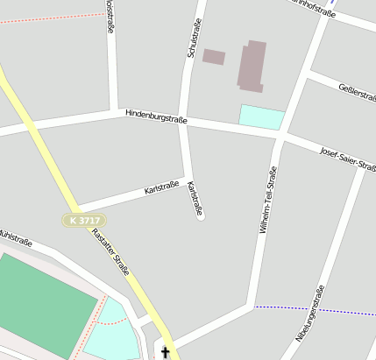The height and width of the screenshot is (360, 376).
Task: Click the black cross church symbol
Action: [164, 352]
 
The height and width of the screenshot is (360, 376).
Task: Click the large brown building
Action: [252, 66]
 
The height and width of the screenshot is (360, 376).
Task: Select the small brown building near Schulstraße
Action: [214, 57]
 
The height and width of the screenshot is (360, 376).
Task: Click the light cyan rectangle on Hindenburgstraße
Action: [262, 117]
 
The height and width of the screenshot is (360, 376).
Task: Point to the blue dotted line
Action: [316, 310]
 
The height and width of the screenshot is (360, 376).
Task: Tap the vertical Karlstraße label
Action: [195, 198]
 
